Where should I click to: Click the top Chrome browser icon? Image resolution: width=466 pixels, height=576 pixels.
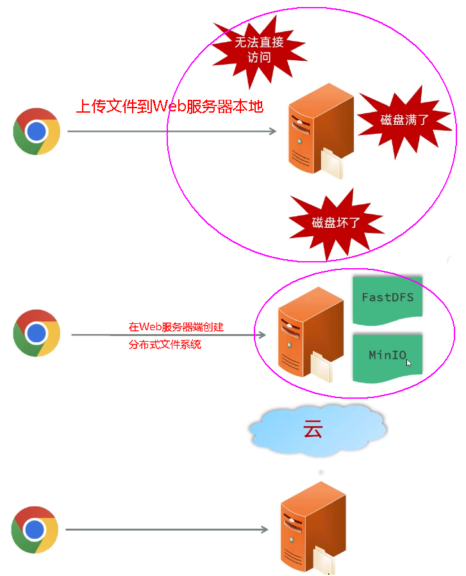click(37, 131)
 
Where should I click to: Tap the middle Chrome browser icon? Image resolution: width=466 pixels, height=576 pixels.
click(37, 333)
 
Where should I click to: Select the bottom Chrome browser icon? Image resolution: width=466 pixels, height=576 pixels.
click(35, 529)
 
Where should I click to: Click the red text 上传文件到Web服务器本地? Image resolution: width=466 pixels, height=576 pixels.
click(170, 106)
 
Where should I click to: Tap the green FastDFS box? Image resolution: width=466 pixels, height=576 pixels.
click(387, 298)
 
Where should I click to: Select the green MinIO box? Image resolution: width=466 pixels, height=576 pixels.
click(387, 356)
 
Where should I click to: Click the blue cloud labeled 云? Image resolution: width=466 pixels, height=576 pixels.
click(317, 429)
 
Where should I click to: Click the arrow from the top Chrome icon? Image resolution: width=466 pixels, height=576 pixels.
click(172, 131)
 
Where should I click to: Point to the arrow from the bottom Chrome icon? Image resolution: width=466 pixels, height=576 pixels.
click(167, 529)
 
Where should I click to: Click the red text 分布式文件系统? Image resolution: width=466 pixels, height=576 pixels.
click(165, 344)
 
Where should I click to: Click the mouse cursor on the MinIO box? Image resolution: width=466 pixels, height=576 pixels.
click(408, 363)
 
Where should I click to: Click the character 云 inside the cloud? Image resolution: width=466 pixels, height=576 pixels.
click(313, 429)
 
